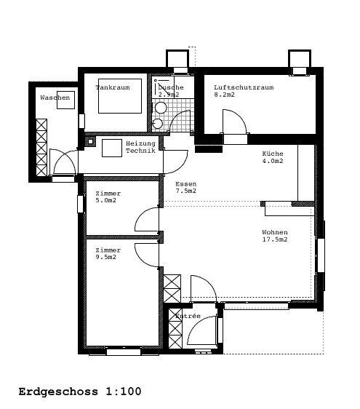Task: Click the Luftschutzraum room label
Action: click(244, 87)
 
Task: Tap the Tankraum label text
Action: click(113, 87)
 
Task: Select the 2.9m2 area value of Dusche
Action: click(169, 95)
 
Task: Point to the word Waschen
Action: click(55, 98)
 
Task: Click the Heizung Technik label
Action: click(140, 147)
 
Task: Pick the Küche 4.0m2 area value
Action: click(273, 161)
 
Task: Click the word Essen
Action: click(186, 184)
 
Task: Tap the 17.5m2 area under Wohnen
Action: click(275, 239)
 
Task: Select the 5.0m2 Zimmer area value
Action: click(106, 200)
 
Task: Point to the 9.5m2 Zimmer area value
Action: click(106, 257)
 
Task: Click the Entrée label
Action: click(188, 316)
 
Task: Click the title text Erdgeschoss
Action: click(58, 392)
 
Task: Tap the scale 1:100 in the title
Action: click(124, 392)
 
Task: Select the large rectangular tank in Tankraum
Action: click(120, 96)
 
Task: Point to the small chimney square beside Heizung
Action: click(90, 142)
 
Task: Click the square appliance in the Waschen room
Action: click(66, 100)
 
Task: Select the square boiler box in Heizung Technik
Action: click(112, 148)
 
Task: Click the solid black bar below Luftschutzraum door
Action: click(209, 149)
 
